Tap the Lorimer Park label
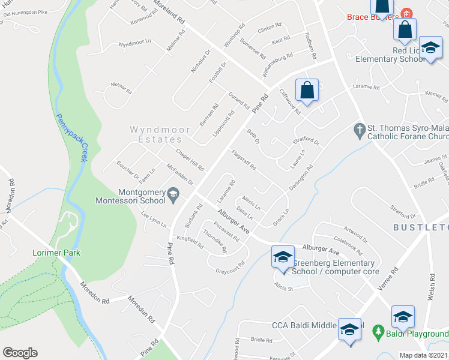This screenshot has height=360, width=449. click(x=56, y=253)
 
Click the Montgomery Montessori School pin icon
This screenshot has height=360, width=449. click(x=173, y=193)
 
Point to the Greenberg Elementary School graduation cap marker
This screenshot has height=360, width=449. click(x=282, y=257)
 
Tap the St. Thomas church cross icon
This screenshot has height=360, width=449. click(x=359, y=129)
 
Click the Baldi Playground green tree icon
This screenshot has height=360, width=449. click(x=378, y=331)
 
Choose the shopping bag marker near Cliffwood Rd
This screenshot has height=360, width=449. click(x=307, y=91)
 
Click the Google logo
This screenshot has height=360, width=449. click(x=20, y=353)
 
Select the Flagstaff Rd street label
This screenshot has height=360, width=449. click(x=244, y=159)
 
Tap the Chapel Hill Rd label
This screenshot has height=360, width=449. click(x=190, y=159)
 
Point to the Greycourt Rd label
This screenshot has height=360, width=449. click(x=231, y=267)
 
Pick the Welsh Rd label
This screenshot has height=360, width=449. click(x=431, y=287)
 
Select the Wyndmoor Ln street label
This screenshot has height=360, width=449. click(x=134, y=43)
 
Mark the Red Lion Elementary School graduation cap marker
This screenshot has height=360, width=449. click(x=430, y=49)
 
